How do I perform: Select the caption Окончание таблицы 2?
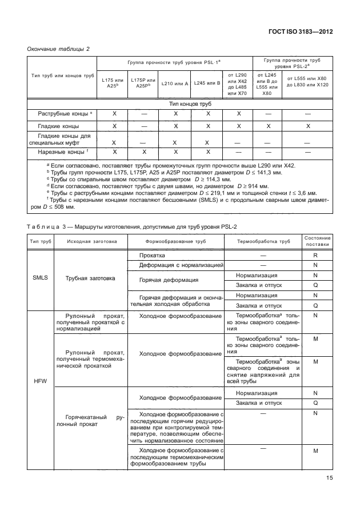coord(59,50)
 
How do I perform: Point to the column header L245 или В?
coord(206,83)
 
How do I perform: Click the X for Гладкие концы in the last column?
coord(307,126)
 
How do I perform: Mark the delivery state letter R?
coord(315,256)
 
